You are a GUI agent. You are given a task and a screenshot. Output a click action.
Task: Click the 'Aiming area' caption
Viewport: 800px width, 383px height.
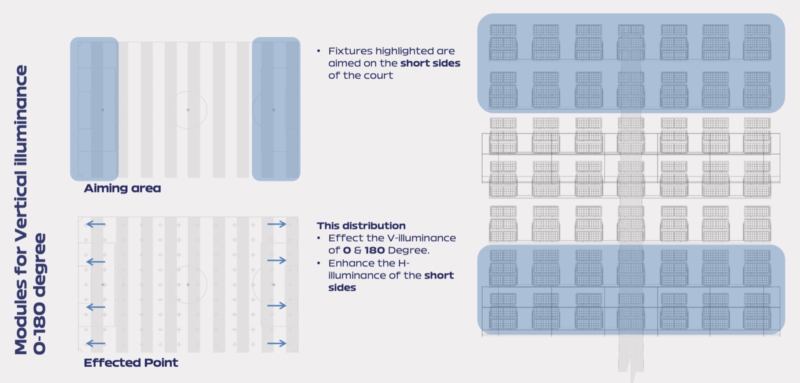click(122, 188)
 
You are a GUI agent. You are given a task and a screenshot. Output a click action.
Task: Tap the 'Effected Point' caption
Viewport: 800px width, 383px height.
click(130, 362)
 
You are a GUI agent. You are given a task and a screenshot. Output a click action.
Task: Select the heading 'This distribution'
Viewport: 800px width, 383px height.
click(361, 226)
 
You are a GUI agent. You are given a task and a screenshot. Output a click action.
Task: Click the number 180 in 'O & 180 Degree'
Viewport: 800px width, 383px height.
click(374, 250)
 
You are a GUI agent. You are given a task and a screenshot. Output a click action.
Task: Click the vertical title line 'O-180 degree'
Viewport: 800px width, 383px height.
click(39, 293)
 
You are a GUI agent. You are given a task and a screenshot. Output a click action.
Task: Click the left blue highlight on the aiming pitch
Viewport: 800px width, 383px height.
click(94, 109)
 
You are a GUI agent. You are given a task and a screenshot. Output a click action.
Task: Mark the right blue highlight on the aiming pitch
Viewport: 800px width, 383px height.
click(276, 109)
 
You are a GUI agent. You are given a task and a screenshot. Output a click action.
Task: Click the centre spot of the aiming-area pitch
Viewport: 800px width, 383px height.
click(188, 110)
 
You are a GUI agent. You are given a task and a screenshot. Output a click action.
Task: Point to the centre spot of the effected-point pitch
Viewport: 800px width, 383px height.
click(188, 284)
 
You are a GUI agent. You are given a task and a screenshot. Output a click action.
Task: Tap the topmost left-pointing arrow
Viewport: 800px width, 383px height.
click(95, 224)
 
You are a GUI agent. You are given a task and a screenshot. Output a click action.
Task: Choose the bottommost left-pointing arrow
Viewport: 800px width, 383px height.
click(95, 343)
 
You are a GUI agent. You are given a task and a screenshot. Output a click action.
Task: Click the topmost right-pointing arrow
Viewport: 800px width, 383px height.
click(277, 224)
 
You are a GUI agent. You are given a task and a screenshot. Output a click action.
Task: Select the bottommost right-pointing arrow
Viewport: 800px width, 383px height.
click(277, 343)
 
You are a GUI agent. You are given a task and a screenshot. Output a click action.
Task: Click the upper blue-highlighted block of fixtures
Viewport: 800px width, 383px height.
click(631, 63)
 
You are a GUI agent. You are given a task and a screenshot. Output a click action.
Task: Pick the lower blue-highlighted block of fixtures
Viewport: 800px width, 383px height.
click(631, 290)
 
